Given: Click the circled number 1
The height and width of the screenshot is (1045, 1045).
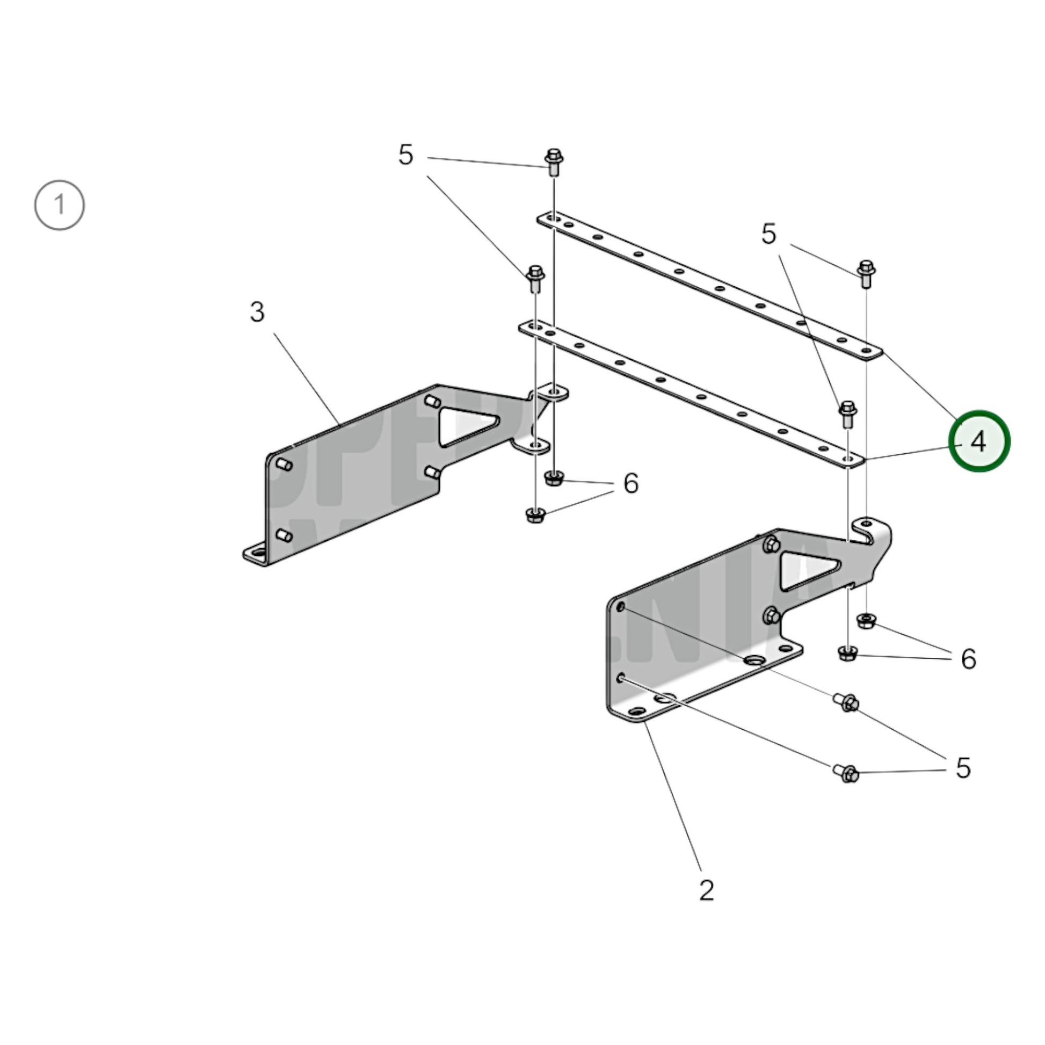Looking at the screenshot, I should point(60,206).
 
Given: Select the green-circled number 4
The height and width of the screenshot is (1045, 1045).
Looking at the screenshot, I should point(979,441).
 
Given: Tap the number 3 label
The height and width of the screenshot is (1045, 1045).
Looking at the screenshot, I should point(257,312).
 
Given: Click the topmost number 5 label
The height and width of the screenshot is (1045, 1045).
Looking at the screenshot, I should point(405,155).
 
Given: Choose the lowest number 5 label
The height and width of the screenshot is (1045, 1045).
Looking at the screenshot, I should point(963,767).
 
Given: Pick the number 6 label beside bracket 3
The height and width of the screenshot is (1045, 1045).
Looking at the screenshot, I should point(630,483).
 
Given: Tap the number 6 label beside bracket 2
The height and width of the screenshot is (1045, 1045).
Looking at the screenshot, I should point(968,659).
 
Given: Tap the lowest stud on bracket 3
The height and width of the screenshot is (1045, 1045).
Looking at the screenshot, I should point(284,535).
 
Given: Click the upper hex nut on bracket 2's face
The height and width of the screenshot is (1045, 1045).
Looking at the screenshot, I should point(771,544).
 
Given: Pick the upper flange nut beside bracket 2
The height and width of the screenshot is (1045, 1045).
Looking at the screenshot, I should point(867,620).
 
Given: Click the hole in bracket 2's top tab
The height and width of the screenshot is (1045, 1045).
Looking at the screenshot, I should point(867,523).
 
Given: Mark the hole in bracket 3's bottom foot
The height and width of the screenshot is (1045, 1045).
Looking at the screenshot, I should point(255,553).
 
